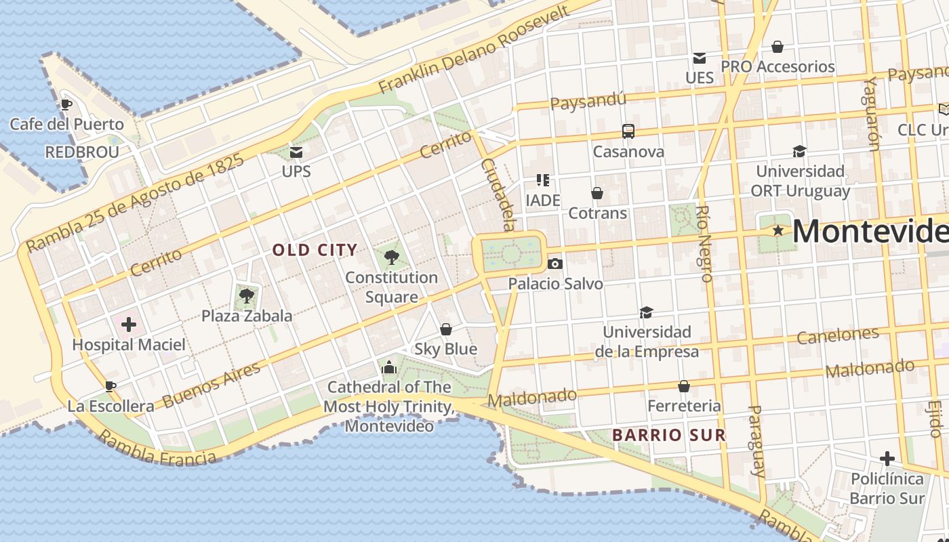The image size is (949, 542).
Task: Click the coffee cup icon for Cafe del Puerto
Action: tap(66, 104)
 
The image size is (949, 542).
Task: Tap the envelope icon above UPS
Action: tap(296, 151)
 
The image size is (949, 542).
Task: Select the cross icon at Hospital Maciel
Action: tap(128, 325)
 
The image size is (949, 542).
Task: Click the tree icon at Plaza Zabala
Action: tap(247, 295)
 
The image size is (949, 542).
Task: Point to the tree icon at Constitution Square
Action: tap(391, 257)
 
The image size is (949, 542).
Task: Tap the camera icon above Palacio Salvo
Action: tap(554, 264)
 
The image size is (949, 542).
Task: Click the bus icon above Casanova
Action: tap(628, 131)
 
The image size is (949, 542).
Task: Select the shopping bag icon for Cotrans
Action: tap(597, 193)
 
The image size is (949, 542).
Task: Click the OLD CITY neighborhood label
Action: tap(315, 250)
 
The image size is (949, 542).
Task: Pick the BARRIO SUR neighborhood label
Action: tap(668, 435)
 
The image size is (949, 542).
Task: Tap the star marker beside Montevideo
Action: tap(778, 231)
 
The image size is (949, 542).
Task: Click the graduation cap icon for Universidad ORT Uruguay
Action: tap(799, 151)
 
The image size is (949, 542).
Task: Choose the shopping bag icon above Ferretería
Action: tap(684, 386)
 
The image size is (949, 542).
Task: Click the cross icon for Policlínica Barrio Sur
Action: tap(887, 459)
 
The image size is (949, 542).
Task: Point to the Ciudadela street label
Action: tap(498, 194)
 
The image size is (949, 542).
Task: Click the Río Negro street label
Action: tap(704, 244)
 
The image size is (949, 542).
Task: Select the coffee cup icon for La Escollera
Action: tap(110, 386)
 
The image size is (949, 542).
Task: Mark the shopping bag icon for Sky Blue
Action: tap(446, 329)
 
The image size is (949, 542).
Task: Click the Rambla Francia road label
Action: tap(157, 449)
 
